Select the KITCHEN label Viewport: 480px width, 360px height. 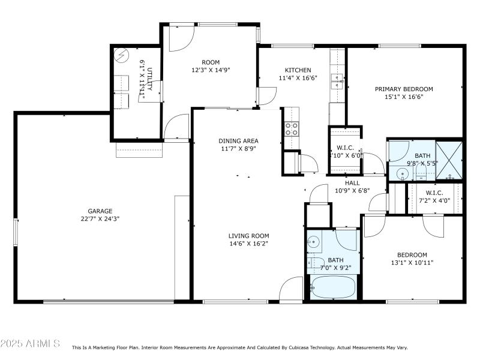[297, 70]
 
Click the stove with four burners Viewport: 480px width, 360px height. [291, 128]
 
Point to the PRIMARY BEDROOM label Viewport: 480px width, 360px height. [404, 89]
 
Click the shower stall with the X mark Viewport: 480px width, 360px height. [449, 160]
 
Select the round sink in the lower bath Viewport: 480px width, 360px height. [313, 242]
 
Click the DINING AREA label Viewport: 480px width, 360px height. [237, 141]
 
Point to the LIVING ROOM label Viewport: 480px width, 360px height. [248, 236]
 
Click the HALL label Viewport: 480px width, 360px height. [352, 183]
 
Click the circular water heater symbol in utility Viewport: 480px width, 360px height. [122, 55]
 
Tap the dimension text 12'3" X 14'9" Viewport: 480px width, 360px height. [211, 70]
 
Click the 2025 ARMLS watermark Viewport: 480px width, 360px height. [30, 344]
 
